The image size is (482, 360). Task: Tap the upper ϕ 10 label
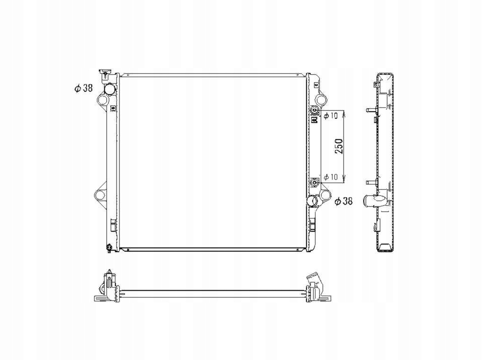point(331,115)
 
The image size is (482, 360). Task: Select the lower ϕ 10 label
point(331,177)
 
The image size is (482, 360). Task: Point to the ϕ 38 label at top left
point(83,88)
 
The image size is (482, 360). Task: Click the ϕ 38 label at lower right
point(344,202)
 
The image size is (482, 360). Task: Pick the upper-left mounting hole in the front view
point(102,100)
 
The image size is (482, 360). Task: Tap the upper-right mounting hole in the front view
point(320,100)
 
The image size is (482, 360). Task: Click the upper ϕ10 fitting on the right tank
point(314,110)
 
